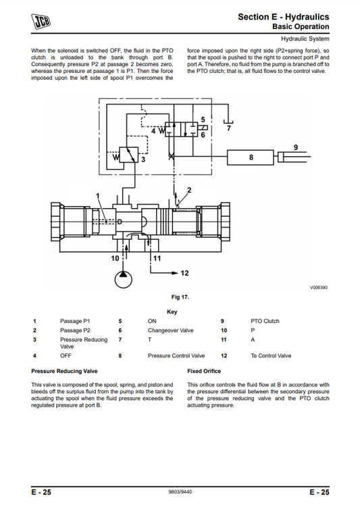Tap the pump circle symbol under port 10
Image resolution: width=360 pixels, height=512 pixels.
122,277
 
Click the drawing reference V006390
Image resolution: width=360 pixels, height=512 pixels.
318,288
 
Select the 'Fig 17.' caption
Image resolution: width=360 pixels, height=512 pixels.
180,297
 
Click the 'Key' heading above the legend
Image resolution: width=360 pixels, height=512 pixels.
172,311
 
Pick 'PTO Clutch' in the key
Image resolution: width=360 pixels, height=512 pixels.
265,321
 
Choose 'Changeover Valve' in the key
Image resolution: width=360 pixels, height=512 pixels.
170,330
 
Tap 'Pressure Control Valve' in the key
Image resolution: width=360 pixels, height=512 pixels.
176,355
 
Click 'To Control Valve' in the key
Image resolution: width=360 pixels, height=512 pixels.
270,355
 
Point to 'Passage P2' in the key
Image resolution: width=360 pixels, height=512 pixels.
74,330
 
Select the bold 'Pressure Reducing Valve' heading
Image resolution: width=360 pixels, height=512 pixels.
65,372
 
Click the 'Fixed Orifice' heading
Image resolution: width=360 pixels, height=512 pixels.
203,372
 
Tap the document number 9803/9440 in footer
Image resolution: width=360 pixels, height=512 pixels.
180,492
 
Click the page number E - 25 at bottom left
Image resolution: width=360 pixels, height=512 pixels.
41,492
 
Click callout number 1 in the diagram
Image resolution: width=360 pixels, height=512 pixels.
98,195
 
